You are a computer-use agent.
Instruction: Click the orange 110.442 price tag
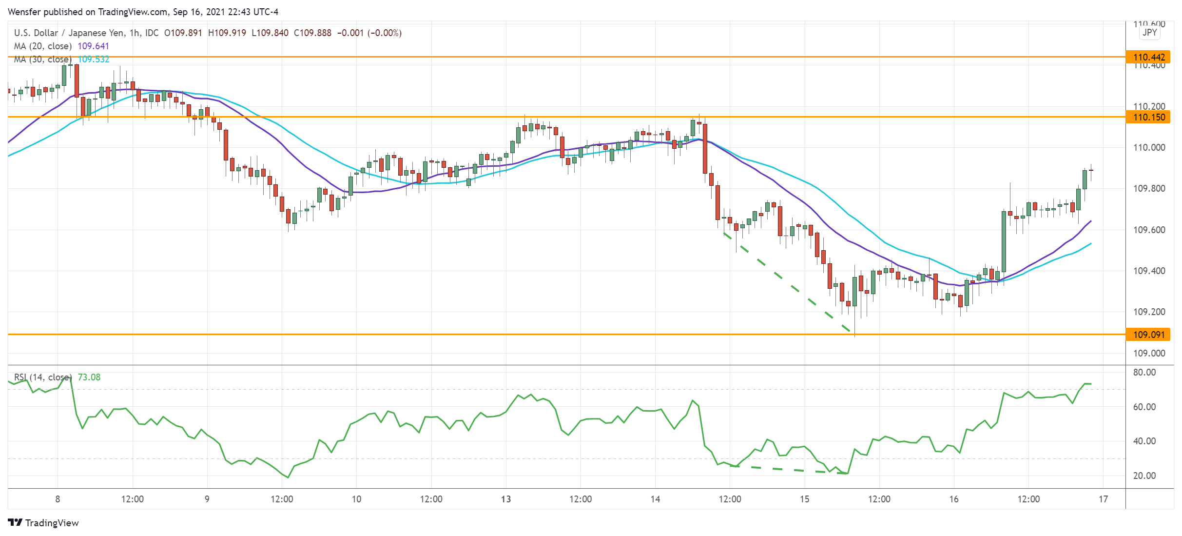click(1148, 57)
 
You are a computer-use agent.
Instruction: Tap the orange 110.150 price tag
click(1148, 117)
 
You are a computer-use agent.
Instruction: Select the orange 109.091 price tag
click(1148, 335)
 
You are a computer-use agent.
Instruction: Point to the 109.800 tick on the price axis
click(1149, 189)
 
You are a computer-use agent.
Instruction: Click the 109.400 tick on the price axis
click(1149, 271)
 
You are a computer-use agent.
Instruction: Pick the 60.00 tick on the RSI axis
click(1144, 407)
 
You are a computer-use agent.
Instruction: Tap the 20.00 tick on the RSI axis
click(1144, 476)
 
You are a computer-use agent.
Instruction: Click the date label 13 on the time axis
click(506, 499)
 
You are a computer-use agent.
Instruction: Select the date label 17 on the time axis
click(1103, 499)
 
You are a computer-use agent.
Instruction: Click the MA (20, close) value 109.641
click(93, 46)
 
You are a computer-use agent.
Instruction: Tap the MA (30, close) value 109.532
click(94, 60)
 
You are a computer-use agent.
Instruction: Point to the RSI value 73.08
click(89, 377)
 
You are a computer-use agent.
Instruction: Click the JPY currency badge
click(1149, 33)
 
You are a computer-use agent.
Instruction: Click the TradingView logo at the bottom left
click(43, 523)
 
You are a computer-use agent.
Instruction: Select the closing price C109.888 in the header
click(312, 33)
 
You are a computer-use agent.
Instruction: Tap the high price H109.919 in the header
click(227, 33)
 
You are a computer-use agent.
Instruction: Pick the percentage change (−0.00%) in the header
click(384, 33)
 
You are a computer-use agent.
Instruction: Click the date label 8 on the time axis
click(58, 499)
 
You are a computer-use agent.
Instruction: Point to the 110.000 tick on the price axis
click(1149, 148)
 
